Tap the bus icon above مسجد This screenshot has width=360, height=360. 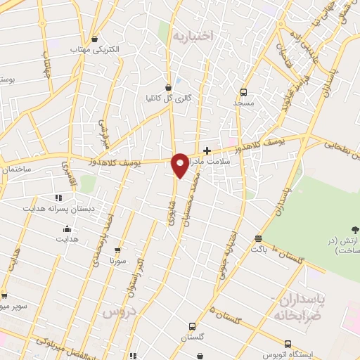click(244, 91)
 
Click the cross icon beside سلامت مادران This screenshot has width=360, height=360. click(207, 150)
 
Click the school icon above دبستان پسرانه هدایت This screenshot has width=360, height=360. click(58, 198)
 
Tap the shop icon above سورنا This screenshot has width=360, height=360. click(117, 250)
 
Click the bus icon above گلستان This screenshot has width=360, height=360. click(192, 326)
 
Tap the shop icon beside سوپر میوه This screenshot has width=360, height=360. click(4, 296)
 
